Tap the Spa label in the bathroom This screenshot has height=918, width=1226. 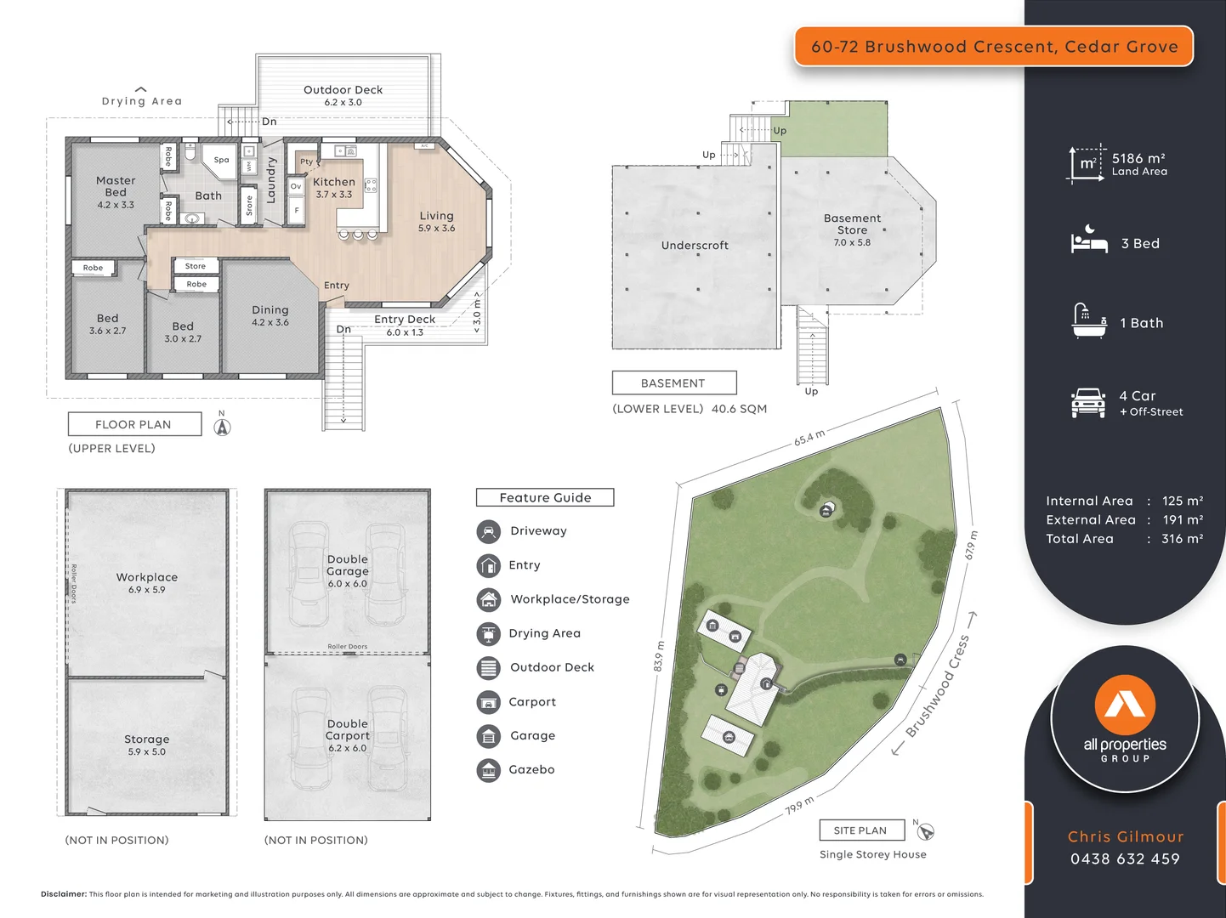pyautogui.click(x=221, y=160)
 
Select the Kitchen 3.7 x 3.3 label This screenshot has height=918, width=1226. pyautogui.click(x=334, y=188)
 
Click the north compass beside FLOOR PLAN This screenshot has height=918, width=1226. pyautogui.click(x=222, y=427)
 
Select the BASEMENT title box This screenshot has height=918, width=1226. pyautogui.click(x=673, y=383)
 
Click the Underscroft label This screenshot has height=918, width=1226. pyautogui.click(x=695, y=246)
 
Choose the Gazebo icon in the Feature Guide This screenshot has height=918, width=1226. pyautogui.click(x=489, y=771)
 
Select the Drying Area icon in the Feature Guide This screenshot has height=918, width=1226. pyautogui.click(x=489, y=634)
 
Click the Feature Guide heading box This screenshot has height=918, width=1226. pyautogui.click(x=545, y=498)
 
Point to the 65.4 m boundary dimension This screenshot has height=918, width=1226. pyautogui.click(x=809, y=438)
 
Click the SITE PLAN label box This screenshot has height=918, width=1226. pyautogui.click(x=860, y=830)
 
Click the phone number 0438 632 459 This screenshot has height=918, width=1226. pyautogui.click(x=1125, y=859)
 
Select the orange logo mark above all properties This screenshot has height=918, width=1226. pyautogui.click(x=1125, y=704)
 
